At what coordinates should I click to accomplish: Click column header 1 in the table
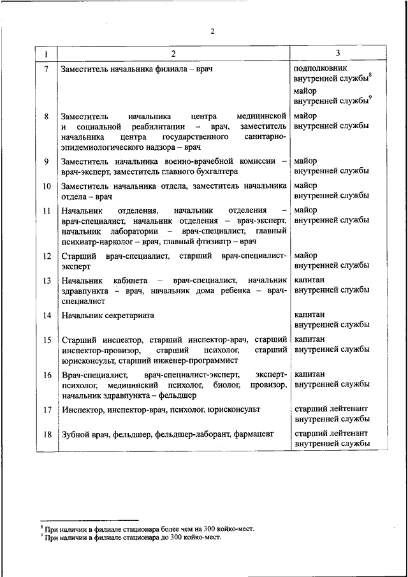pyautogui.click(x=46, y=52)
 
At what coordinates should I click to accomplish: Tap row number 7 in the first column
pyautogui.click(x=46, y=68)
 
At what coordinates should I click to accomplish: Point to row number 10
pyautogui.click(x=46, y=186)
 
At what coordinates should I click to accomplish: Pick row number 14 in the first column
pyautogui.click(x=46, y=315)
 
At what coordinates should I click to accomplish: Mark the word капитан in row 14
pyautogui.click(x=309, y=314)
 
